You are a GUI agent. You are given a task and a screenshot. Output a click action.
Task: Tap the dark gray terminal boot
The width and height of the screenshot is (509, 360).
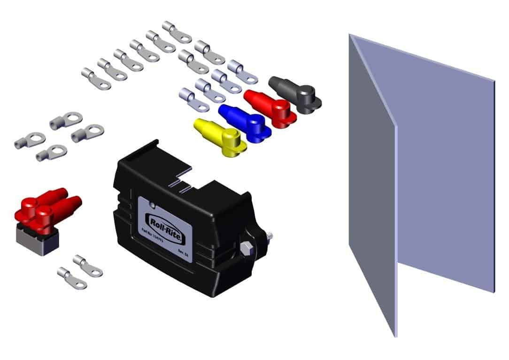(296, 94)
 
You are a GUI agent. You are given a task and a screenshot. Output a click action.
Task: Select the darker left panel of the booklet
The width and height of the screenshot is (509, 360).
(371, 188)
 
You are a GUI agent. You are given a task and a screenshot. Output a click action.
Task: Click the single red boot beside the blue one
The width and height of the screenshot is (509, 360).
(270, 108)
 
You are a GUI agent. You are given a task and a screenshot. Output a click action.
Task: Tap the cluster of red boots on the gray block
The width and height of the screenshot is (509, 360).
(45, 208)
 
